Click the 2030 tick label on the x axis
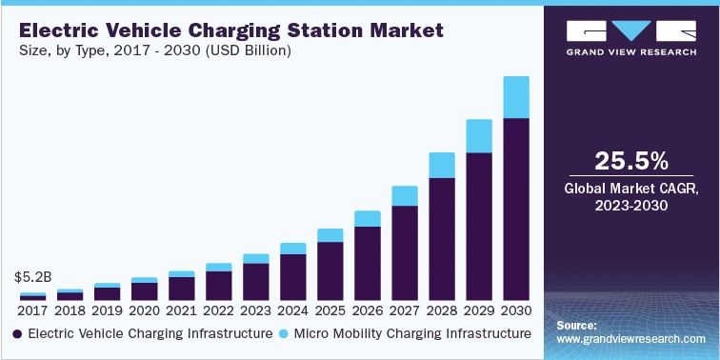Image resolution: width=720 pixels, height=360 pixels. (515, 310)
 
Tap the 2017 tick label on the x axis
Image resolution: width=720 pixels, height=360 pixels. (32, 310)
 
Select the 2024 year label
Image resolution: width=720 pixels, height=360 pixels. (292, 310)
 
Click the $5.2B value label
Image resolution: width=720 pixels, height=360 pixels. (31, 278)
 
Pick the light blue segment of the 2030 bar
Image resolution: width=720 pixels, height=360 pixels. (515, 97)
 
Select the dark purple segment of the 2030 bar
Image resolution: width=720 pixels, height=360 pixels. (515, 210)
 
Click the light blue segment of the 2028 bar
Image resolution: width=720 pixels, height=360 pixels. (441, 165)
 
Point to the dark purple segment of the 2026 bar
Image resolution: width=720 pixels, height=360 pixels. (367, 264)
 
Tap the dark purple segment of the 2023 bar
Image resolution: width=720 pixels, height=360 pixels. (255, 282)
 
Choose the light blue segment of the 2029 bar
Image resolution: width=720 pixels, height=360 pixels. (478, 136)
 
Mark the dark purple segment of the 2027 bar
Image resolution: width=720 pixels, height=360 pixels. (404, 253)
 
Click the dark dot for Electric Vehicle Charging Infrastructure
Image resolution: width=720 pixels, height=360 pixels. (18, 334)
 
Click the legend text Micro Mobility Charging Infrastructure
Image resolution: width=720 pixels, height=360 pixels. (412, 333)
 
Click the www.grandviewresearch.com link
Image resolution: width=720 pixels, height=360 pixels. (631, 338)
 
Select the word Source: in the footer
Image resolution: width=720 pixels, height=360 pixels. (577, 325)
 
